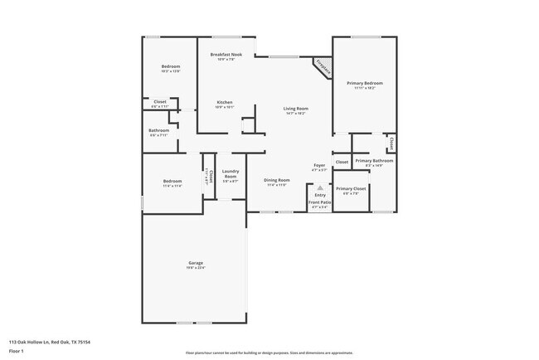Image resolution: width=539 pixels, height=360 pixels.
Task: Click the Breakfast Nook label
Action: (x=226, y=55)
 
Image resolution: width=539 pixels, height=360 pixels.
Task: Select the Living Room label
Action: (x=296, y=109)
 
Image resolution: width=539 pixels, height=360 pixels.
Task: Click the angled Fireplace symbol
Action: (x=322, y=68)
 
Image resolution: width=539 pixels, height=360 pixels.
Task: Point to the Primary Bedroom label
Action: (x=364, y=83)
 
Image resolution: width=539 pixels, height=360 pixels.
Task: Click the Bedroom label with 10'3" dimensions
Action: (x=172, y=66)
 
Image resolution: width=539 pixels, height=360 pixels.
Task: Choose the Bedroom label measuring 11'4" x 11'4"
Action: (x=172, y=181)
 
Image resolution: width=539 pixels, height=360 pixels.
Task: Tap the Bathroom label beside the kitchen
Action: (x=159, y=130)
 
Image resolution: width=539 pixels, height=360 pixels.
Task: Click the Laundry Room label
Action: (x=230, y=174)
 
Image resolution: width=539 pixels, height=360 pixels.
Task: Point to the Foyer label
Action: (x=319, y=166)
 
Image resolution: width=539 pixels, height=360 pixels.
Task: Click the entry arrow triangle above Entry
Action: (x=319, y=188)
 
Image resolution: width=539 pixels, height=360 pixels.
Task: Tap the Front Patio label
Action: (x=319, y=202)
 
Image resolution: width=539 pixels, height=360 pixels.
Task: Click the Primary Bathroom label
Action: (x=374, y=160)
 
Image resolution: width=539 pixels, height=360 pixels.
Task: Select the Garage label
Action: (x=196, y=263)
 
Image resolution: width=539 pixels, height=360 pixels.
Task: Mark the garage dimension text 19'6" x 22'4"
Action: (x=196, y=268)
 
